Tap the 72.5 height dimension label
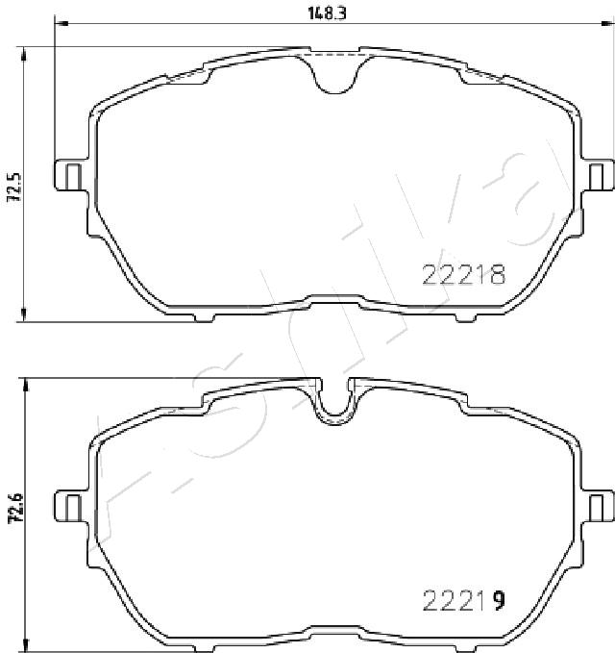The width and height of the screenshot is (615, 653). [15, 187]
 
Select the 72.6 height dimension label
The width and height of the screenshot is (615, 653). [15, 508]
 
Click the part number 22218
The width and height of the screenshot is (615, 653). [464, 274]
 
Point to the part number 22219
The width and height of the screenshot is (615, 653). [464, 600]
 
